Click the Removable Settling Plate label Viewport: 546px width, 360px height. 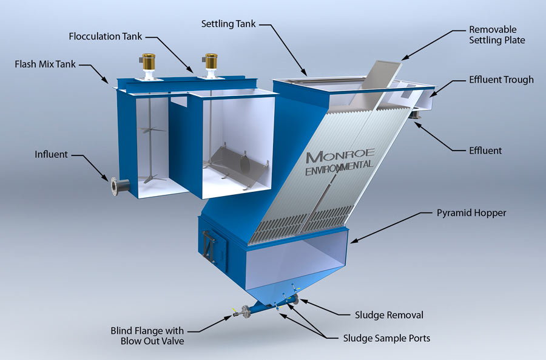[x=496, y=35]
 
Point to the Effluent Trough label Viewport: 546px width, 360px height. [x=501, y=80]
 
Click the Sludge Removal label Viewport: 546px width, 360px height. [x=388, y=315]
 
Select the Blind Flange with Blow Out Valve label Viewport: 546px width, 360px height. [x=147, y=336]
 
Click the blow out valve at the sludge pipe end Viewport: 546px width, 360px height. [x=236, y=314]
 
